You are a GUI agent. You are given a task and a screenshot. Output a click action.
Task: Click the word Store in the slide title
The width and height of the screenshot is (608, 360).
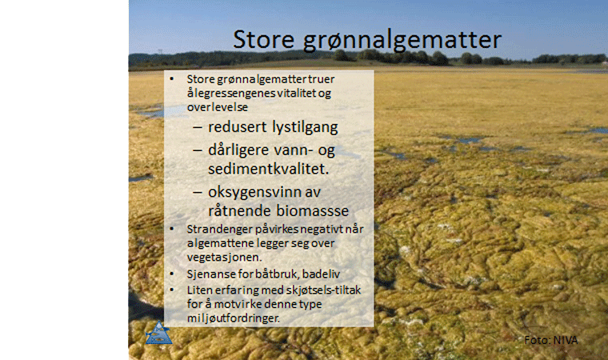coord(264,39)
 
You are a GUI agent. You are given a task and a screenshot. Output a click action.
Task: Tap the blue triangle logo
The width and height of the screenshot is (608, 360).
coord(159,333)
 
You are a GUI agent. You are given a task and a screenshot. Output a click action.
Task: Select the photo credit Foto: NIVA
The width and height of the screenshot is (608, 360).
coord(550,340)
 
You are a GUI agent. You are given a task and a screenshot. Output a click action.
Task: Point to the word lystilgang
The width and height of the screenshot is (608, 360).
coord(305,127)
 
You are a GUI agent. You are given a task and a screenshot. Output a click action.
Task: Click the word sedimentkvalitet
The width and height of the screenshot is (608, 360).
coord(268,169)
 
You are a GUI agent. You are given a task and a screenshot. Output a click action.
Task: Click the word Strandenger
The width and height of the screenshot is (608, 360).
coord(219,230)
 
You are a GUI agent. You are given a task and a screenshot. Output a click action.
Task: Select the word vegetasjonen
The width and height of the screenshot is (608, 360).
coord(225,258)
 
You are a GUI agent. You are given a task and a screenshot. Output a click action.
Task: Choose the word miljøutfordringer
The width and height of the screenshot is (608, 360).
coord(233,318)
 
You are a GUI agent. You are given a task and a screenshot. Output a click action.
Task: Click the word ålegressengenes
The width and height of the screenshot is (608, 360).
coord(230,94)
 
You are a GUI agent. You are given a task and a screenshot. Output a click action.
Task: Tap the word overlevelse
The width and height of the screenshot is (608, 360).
coord(217,107)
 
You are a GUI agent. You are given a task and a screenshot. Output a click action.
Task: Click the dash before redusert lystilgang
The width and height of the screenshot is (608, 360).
coord(198,128)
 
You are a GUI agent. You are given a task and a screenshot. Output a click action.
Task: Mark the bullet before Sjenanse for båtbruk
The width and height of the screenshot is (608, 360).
coord(172,274)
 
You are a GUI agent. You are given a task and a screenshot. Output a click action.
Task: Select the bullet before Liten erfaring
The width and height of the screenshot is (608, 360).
coord(172,290)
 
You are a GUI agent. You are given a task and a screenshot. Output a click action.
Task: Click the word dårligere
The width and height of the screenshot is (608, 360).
coord(238,150)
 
